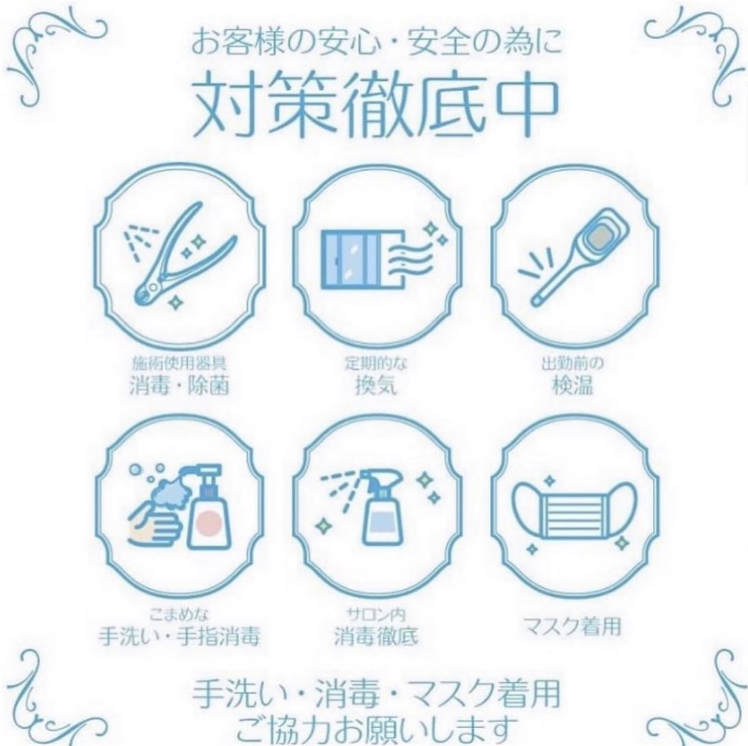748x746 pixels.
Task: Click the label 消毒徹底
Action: tap(376, 636)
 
